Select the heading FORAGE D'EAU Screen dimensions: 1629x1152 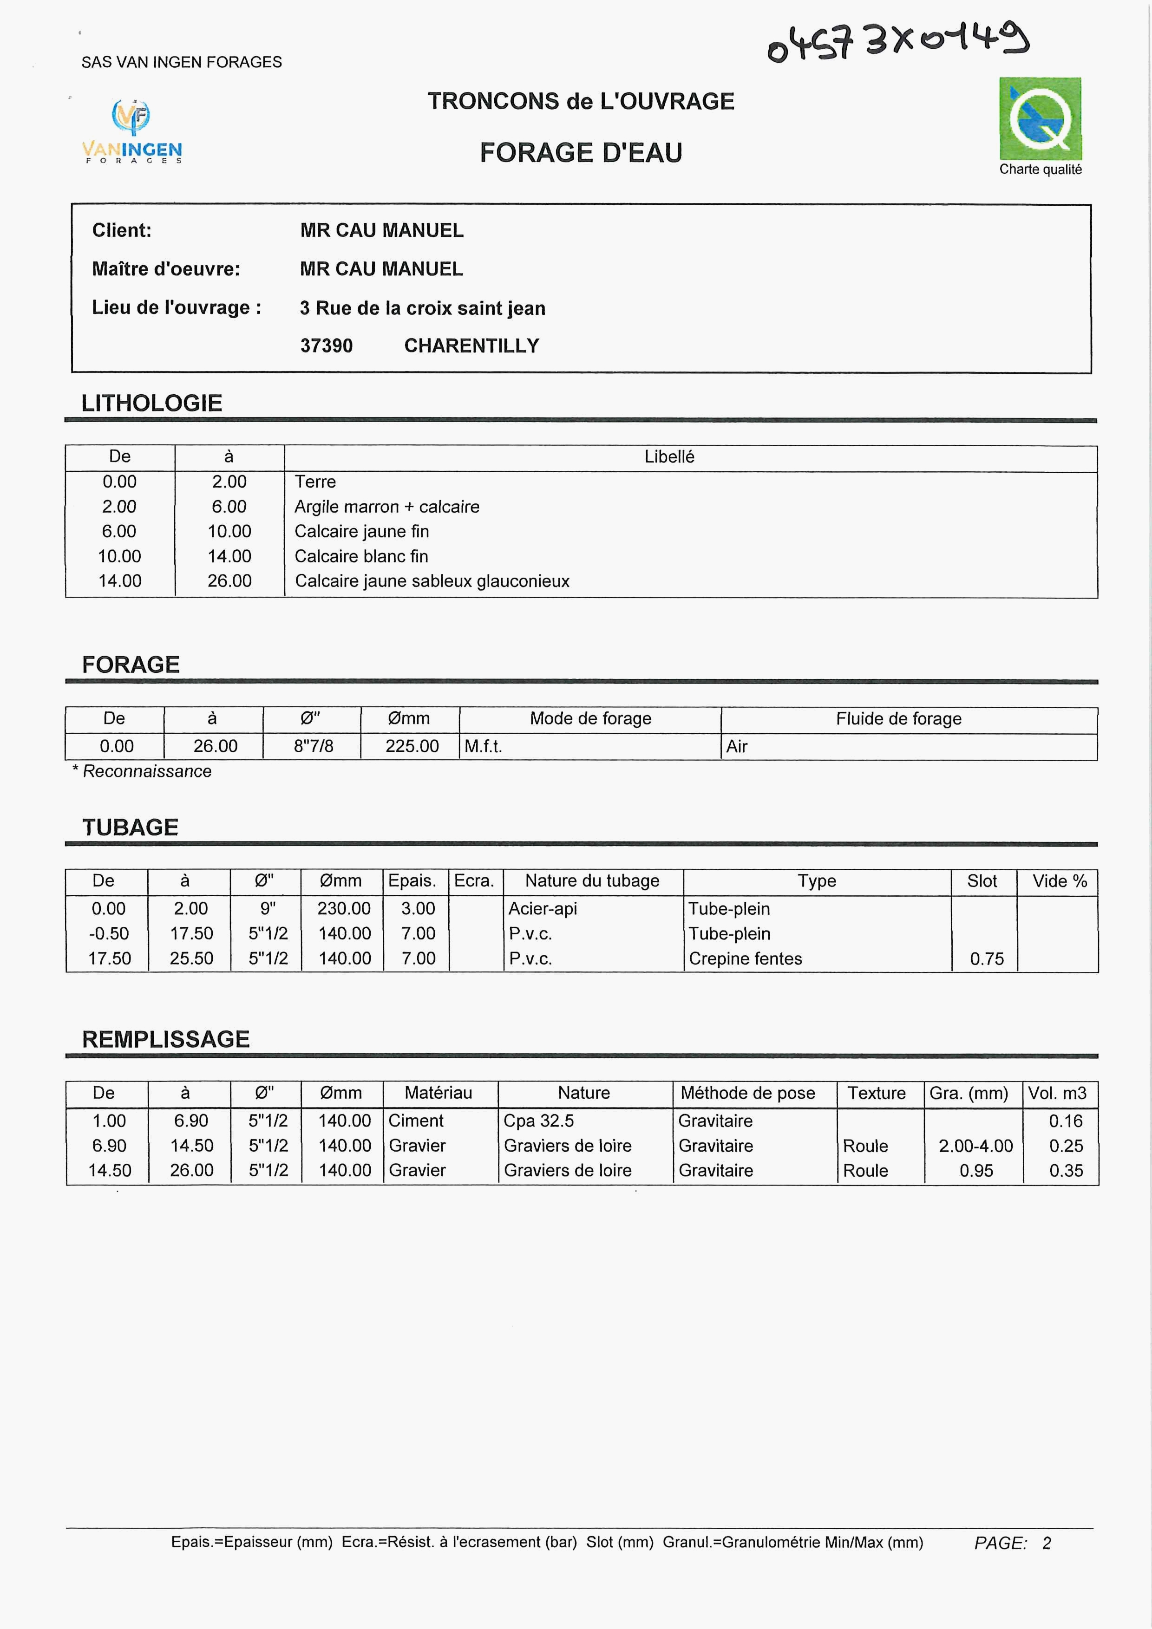581,152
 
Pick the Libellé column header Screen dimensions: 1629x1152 668,457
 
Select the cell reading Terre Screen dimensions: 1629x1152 315,482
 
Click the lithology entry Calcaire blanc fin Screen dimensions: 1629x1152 361,556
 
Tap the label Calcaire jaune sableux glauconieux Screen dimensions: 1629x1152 432,581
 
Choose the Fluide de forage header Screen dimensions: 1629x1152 898,719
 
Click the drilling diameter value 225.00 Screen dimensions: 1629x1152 412,746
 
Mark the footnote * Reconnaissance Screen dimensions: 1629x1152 142,771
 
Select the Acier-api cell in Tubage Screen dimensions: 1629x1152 542,909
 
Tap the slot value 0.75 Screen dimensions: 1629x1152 987,959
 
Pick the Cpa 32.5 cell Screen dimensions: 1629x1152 538,1121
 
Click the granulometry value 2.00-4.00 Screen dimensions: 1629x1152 975,1146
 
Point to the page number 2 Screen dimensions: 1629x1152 1046,1543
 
